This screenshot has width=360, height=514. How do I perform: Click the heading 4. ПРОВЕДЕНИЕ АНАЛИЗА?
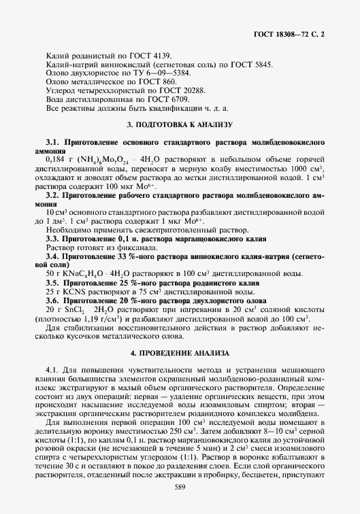(x=180, y=354)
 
